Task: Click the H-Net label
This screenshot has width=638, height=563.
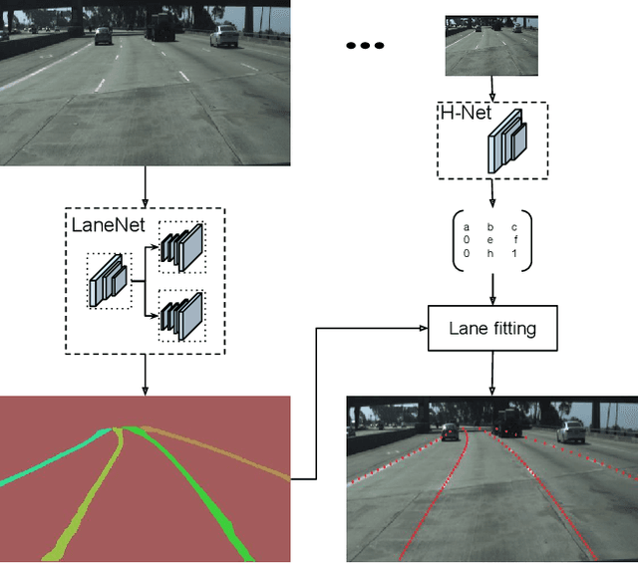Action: tap(462, 113)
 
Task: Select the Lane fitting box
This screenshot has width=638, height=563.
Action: tap(491, 328)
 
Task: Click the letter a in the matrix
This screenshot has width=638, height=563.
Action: tap(466, 227)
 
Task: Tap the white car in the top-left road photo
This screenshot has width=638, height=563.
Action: tap(224, 37)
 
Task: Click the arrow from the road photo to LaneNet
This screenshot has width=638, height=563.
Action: tap(146, 186)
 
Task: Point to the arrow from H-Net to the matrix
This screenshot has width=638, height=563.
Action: tap(491, 193)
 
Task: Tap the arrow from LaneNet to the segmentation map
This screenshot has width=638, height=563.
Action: tap(146, 374)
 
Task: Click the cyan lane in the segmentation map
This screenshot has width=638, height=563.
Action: tap(50, 462)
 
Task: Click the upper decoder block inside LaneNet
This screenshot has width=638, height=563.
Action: tap(182, 246)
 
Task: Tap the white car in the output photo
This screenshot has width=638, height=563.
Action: tap(571, 430)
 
